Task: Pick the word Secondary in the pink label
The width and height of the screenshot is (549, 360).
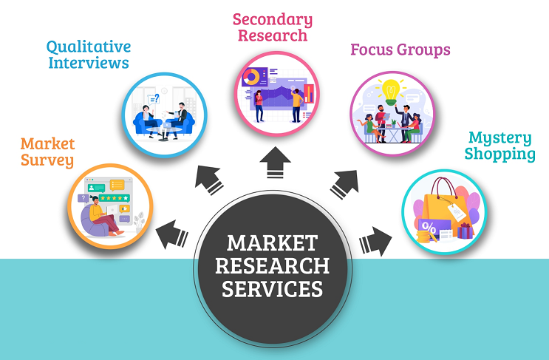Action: point(272,19)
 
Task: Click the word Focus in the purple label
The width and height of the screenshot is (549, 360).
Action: point(373,51)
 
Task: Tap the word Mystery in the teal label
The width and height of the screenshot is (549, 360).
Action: point(499,138)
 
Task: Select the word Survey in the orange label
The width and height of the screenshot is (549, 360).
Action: point(47,160)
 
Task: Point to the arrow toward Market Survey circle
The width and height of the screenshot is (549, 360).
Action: point(172,234)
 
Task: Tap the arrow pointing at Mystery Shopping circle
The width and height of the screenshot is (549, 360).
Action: point(376,241)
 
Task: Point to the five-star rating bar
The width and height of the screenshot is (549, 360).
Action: point(114,198)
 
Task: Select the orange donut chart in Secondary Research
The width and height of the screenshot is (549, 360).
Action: point(251,76)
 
